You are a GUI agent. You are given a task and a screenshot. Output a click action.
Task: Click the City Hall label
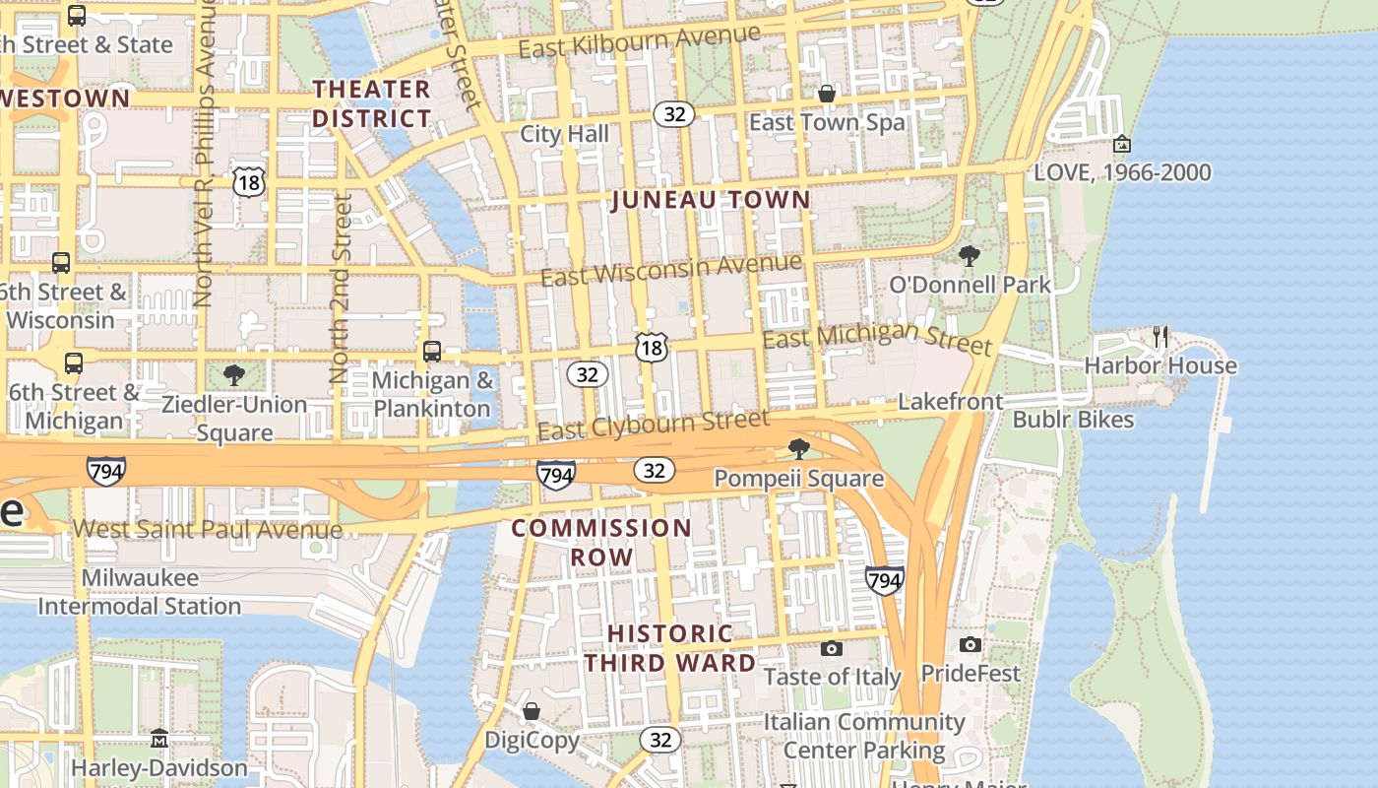click(564, 134)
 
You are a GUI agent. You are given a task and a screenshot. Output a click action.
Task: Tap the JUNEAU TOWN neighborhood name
click(711, 200)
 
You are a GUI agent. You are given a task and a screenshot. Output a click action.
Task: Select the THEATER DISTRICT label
click(372, 103)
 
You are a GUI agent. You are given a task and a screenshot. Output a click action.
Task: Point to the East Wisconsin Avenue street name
click(670, 269)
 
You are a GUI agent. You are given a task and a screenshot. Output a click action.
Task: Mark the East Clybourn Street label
click(653, 426)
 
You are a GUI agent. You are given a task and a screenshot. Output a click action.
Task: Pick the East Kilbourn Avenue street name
click(639, 41)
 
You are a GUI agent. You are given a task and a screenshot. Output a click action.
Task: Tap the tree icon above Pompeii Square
click(799, 449)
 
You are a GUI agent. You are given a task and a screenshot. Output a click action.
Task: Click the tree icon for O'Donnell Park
click(970, 256)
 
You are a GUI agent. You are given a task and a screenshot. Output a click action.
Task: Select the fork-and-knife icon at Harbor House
click(1160, 337)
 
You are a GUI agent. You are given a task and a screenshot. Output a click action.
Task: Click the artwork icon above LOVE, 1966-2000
click(1121, 144)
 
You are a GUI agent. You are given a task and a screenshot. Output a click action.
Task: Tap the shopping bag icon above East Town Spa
click(827, 94)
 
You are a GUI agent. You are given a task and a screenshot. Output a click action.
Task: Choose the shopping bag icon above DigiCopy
click(532, 711)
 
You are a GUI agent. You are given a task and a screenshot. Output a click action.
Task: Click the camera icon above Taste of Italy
click(832, 648)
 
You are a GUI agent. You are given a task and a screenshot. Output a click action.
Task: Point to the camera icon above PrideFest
click(971, 644)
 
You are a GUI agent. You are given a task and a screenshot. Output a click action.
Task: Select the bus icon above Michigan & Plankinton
click(431, 351)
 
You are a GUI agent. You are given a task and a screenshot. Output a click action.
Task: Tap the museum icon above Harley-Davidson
click(159, 738)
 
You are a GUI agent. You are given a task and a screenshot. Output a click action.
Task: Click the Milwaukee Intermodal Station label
click(139, 592)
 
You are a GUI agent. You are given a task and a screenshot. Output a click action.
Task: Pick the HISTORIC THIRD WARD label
click(670, 648)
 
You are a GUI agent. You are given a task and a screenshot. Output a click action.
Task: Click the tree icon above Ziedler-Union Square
click(234, 374)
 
